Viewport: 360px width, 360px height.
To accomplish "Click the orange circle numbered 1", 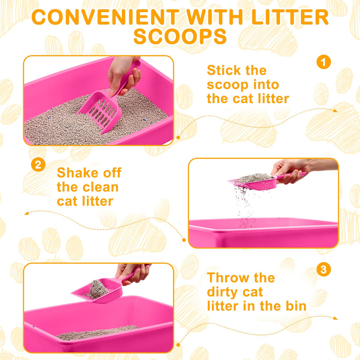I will (323, 62).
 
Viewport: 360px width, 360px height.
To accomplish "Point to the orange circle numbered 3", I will (323, 270).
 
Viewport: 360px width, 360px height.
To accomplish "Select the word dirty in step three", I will (225, 292).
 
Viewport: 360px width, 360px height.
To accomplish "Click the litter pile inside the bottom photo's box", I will (97, 333).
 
